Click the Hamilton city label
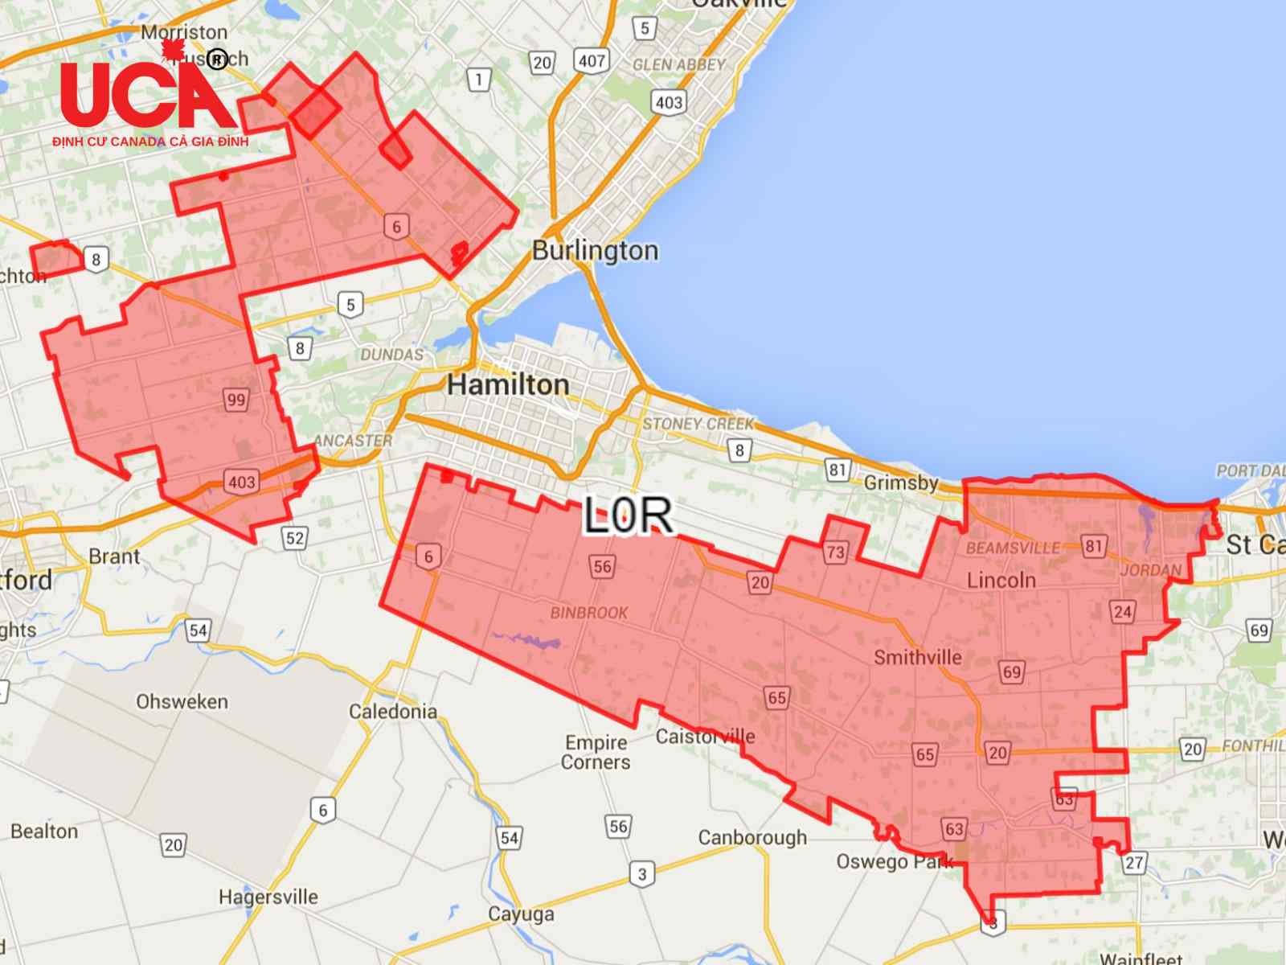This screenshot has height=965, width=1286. (508, 384)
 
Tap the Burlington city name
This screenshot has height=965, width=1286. (595, 250)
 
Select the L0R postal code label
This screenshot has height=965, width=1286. (628, 515)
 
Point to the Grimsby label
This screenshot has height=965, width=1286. (901, 482)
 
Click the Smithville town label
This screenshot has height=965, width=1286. (917, 657)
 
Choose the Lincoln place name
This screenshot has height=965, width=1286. (1001, 580)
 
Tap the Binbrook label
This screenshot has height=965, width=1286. (589, 613)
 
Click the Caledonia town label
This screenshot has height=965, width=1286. (393, 711)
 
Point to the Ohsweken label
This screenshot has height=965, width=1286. (182, 701)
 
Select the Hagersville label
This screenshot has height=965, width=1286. (268, 897)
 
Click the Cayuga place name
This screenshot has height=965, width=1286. (521, 914)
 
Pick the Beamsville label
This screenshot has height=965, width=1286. (1013, 548)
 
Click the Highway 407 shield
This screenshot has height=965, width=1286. (592, 60)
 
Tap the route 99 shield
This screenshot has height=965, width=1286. (236, 400)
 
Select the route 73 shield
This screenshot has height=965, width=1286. (835, 552)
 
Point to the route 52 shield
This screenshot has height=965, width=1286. (295, 538)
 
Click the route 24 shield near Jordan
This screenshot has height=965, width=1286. (1123, 612)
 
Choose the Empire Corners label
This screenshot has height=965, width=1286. (596, 752)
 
